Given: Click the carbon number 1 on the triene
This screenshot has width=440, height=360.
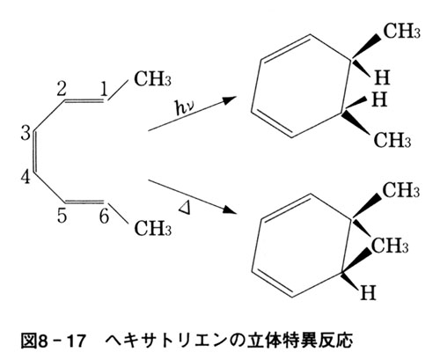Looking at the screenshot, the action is point(104,89).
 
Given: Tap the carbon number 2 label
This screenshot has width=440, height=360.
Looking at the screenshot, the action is point(62,89).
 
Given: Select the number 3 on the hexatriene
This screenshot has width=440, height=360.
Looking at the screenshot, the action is point(26,133).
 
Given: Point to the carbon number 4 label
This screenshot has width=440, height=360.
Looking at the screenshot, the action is point(26,177).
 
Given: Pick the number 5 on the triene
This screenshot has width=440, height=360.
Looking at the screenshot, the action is point(62,217).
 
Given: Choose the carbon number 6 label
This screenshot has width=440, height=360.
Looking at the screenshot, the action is point(104,217).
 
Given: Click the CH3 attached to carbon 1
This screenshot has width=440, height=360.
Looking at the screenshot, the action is point(152,78).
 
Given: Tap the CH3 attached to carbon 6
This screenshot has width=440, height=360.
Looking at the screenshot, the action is point(152,229).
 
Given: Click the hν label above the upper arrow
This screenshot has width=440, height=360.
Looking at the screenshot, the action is point(184,108).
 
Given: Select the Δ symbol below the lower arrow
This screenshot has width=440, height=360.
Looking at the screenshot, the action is point(185,208).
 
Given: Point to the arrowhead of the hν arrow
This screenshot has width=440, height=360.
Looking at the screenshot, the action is point(231,99).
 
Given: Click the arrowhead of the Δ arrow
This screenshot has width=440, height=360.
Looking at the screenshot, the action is point(231,209).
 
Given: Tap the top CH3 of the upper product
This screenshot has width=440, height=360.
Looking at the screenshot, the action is point(401,31).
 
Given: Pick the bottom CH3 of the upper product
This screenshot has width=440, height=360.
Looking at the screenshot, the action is point(392,140).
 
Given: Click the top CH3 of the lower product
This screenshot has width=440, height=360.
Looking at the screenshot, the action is point(401,190).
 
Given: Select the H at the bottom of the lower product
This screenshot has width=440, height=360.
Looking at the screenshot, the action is point(368,292).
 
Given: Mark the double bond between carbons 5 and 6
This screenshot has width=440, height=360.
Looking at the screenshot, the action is point(84,202).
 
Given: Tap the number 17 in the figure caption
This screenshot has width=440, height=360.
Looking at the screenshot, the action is point(76,341).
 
